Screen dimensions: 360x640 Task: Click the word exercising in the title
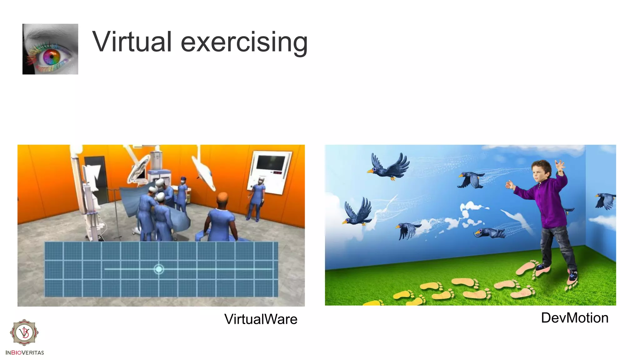244,42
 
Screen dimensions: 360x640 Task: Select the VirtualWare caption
261,319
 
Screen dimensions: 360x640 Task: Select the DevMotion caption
574,318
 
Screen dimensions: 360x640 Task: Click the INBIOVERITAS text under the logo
25,352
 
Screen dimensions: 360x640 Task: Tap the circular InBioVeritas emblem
24,332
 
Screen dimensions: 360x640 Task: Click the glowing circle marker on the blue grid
159,269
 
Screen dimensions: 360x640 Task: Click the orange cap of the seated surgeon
222,197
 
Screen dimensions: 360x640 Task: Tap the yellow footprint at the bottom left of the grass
373,302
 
